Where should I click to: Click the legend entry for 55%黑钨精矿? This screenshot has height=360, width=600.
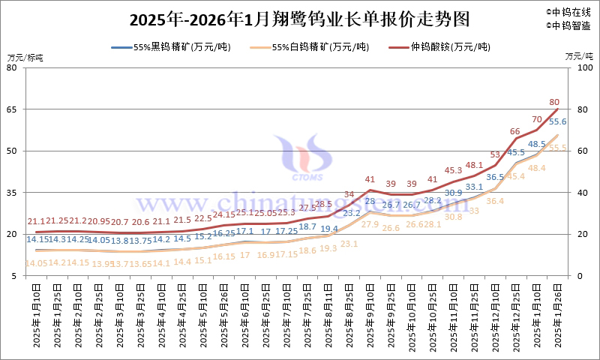coord(171,46)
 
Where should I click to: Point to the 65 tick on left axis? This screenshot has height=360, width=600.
coord(13,109)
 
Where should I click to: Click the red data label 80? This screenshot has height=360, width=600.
coord(554,102)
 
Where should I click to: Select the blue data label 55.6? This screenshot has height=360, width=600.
coord(557,121)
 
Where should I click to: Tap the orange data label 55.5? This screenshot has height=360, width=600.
coord(558,148)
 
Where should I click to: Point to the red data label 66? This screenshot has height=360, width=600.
coord(514,131)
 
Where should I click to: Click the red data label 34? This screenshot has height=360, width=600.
coord(349,194)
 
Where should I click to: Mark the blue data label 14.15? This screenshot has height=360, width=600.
coord(37,239)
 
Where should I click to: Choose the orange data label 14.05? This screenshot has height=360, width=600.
coord(37,263)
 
